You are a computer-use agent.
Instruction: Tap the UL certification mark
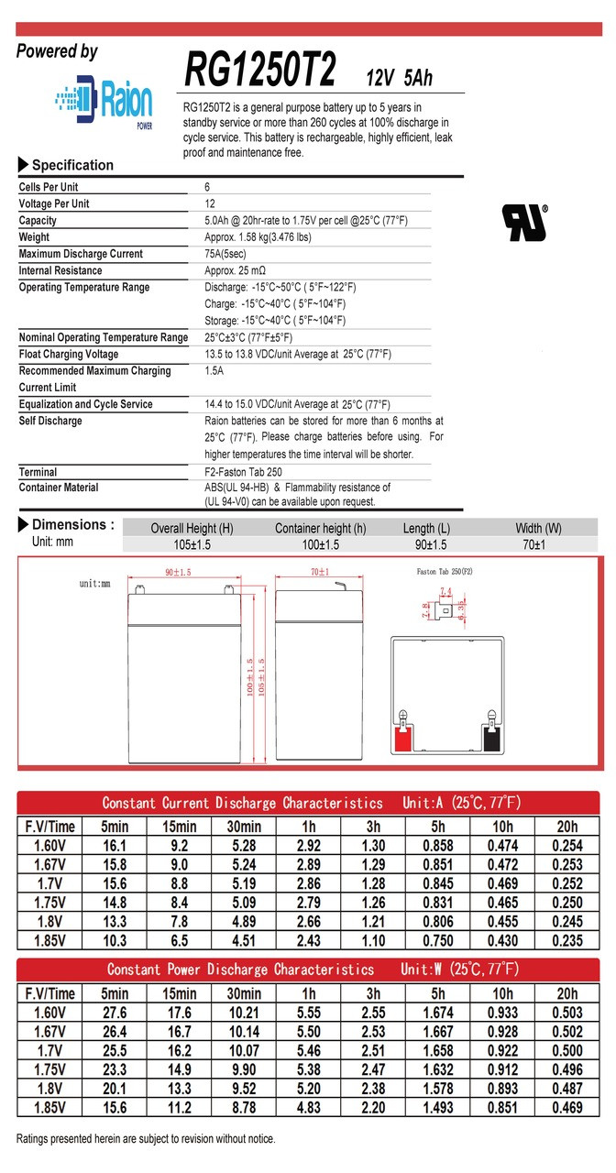pos(523,222)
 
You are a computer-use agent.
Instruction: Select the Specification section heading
pos(72,165)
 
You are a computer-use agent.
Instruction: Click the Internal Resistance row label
pos(61,270)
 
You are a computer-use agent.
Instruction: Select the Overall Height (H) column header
pos(192,529)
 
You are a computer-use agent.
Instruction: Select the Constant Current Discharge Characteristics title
pos(242,803)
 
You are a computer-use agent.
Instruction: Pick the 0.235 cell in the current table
pos(567,939)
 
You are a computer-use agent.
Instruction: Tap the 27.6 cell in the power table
pos(115,1013)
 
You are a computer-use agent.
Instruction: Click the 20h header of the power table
pos(567,993)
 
